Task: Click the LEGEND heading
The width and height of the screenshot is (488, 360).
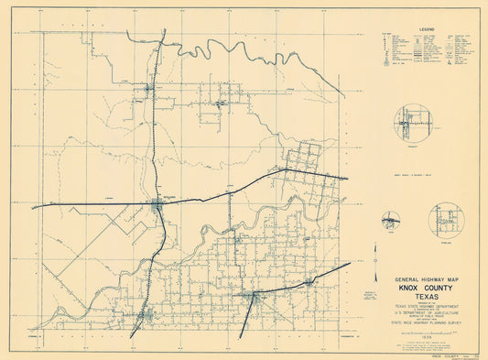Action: pos(427,29)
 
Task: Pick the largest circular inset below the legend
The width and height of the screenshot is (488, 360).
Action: pos(412,124)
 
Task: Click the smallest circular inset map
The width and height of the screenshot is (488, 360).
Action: pos(392,221)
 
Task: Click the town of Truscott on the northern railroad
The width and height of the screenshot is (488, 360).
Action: pos(153,89)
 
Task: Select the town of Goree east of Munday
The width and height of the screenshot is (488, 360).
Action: pos(309,282)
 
